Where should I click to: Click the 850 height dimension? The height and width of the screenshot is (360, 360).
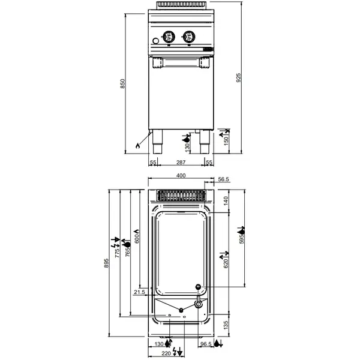(123, 85)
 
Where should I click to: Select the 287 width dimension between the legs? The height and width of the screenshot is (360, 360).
(180, 163)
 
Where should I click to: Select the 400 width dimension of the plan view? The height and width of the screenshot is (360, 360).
(180, 176)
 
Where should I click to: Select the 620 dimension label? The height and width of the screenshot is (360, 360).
(226, 262)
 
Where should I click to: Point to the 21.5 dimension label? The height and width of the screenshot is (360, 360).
(139, 292)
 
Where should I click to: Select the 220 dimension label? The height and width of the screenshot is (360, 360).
(166, 354)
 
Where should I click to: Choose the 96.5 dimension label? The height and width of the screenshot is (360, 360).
(205, 344)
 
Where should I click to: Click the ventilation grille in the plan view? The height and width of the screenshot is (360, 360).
(180, 195)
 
